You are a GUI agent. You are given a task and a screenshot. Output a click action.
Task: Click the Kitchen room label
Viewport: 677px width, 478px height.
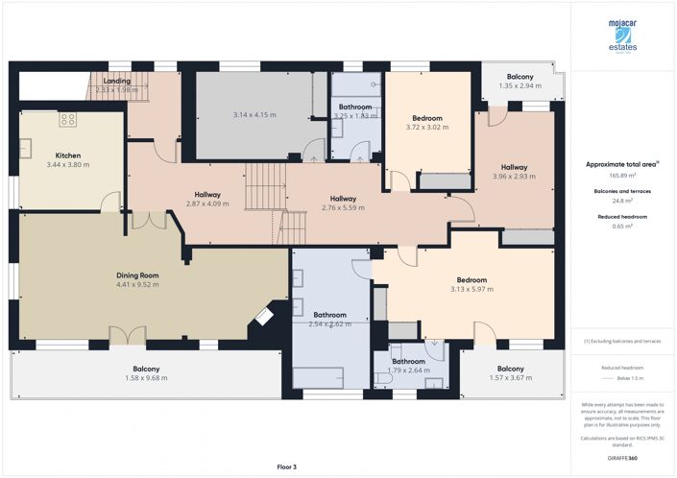[67, 155]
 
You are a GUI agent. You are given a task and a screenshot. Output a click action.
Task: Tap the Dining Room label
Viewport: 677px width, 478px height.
[137, 275]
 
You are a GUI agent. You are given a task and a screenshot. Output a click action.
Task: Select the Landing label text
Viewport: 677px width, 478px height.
[117, 82]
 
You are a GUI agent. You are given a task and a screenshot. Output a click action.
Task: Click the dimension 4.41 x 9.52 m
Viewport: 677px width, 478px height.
[137, 285]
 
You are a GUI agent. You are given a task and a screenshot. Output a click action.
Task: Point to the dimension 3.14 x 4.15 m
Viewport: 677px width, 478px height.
[254, 116]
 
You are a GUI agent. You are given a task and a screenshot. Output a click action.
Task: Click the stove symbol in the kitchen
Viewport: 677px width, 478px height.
[68, 120]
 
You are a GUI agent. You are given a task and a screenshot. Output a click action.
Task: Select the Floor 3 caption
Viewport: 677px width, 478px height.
[286, 466]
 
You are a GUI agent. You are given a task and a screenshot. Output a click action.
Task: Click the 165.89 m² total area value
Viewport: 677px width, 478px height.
[621, 176]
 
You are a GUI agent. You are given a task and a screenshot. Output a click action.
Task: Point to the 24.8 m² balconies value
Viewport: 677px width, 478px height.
[621, 201]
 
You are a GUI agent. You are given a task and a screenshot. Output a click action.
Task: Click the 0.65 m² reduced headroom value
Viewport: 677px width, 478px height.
[621, 227]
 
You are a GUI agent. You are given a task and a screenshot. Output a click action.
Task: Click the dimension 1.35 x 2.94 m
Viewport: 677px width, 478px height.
[520, 85]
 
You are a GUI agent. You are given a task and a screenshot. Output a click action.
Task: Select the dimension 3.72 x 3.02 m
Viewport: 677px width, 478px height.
[427, 127]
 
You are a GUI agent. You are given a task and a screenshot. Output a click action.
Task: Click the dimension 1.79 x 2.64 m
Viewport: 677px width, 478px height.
[408, 370]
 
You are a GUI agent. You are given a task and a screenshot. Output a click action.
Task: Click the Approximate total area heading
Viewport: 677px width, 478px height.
[621, 165]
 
